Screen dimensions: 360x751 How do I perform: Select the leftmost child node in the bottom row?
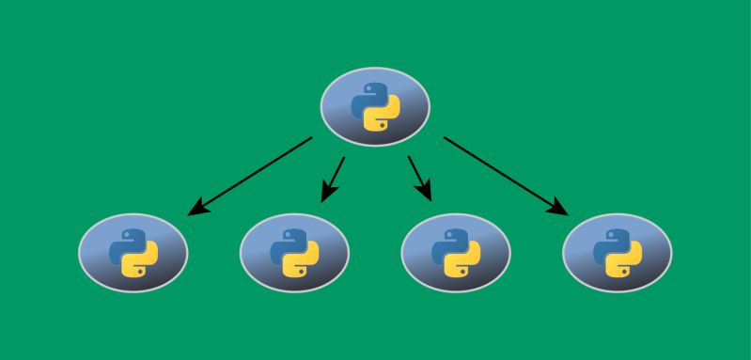pos(133,252)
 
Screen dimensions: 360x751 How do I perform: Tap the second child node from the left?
pos(294,252)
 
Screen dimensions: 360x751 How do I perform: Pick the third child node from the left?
pos(456,252)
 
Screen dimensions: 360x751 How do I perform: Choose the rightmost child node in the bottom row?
pos(618,252)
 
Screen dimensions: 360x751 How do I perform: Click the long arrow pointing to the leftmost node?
pos(252,175)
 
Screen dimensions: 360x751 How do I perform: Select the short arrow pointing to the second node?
pos(334,178)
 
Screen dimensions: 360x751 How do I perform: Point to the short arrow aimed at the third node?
pos(418,178)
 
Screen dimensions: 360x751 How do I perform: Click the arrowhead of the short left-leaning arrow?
pos(326,195)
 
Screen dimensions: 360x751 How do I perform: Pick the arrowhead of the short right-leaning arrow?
pos(425,195)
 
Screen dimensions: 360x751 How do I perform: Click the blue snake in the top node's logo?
pos(368,98)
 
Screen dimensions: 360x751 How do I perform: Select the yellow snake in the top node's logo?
pos(383,117)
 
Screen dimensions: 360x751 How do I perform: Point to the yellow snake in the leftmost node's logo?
pos(140,262)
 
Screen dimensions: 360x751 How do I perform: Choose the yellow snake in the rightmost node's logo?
pos(625,262)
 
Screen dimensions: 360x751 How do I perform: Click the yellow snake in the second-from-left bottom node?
pos(302,262)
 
